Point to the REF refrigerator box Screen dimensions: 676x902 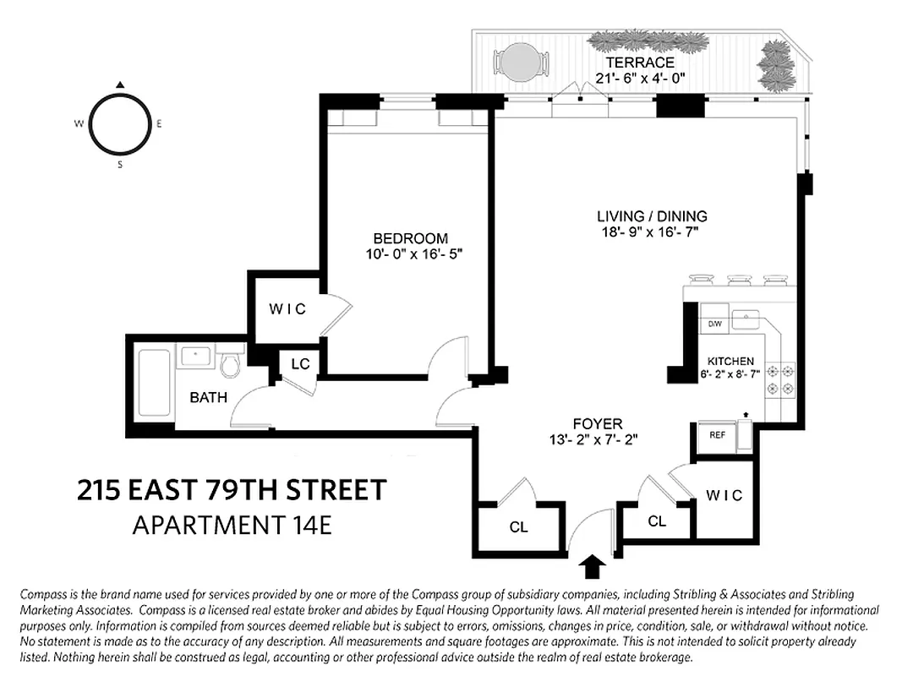pyautogui.click(x=717, y=435)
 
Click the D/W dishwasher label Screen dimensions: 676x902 pyautogui.click(x=713, y=324)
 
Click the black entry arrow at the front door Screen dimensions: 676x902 pyautogui.click(x=593, y=565)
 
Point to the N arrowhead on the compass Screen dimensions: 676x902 pyautogui.click(x=120, y=84)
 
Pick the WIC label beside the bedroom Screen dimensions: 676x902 pyautogui.click(x=287, y=309)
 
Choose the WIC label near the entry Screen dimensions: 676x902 pyautogui.click(x=724, y=495)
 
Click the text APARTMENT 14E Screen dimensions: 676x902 pyautogui.click(x=232, y=525)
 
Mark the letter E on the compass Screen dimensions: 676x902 pyautogui.click(x=159, y=123)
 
